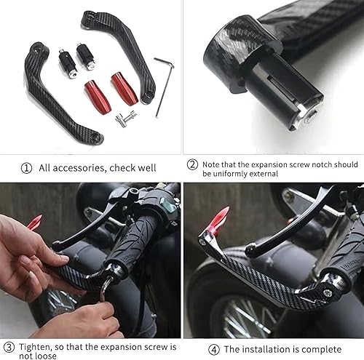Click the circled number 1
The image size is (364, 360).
tap(27, 168)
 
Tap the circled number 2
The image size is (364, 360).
tap(192, 165)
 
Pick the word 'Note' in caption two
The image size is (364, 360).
tap(212, 164)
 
